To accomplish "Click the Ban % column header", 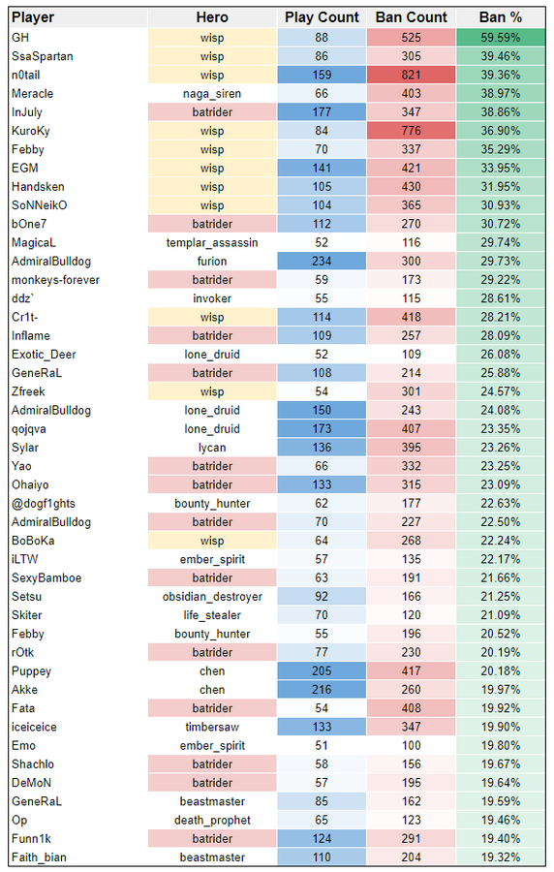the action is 500,17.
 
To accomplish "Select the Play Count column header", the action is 322,17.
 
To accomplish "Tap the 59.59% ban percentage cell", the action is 500,38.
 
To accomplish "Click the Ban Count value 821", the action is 412,75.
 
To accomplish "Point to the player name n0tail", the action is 25,75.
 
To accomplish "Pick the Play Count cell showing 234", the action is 322,262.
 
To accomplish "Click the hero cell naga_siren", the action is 212,94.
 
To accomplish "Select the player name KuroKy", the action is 31,131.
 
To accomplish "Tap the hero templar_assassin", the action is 212,243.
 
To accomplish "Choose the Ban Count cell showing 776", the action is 412,131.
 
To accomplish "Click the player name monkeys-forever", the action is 55,280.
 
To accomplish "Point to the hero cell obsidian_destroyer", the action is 212,597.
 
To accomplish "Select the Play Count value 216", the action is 322,690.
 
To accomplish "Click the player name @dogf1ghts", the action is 44,504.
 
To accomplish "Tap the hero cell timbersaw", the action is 212,727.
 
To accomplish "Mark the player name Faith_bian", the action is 39,857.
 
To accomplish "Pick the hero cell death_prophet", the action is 212,821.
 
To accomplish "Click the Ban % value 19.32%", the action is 500,857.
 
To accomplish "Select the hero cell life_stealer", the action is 212,615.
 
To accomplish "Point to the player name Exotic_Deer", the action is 44,355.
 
